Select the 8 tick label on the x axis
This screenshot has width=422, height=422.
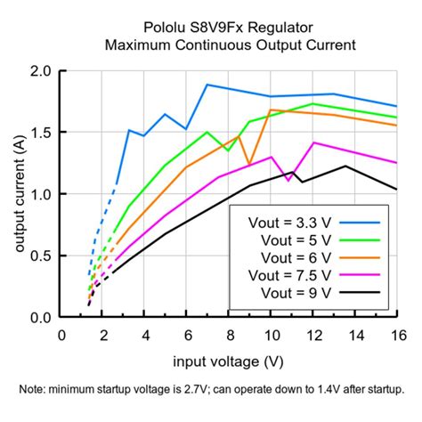pyautogui.click(x=229, y=334)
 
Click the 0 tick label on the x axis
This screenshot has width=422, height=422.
pyautogui.click(x=61, y=334)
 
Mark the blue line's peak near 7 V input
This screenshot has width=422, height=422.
pyautogui.click(x=207, y=85)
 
